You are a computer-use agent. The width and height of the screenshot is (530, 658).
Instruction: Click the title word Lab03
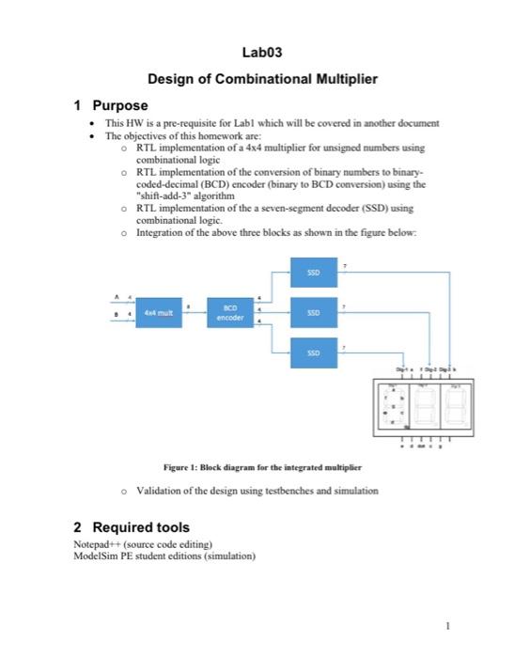pyautogui.click(x=263, y=55)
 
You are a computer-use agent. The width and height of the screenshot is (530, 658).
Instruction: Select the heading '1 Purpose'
pyautogui.click(x=111, y=105)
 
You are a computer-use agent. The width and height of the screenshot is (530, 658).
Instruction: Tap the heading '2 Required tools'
pyautogui.click(x=132, y=527)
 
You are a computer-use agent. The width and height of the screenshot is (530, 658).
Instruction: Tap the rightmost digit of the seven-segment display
pyautogui.click(x=458, y=407)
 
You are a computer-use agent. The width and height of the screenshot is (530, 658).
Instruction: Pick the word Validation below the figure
pyautogui.click(x=165, y=491)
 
